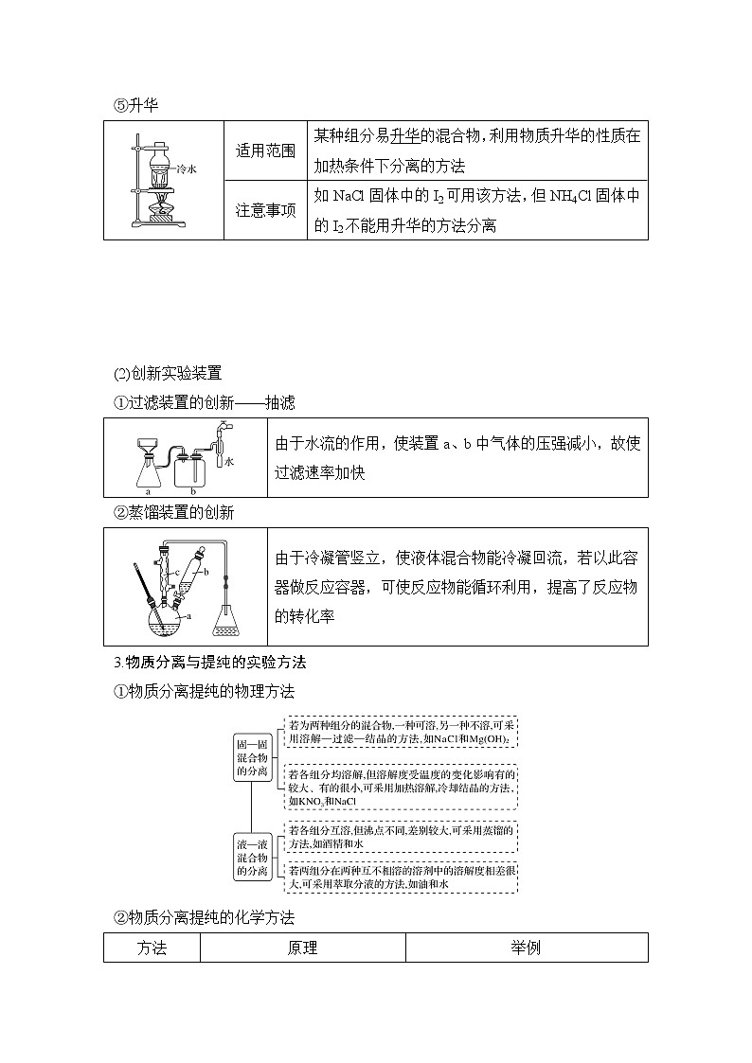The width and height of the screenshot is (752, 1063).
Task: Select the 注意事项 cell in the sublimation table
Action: click(265, 209)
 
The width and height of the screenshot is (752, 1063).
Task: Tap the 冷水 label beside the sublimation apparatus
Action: click(187, 169)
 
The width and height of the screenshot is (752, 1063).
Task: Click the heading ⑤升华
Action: click(135, 105)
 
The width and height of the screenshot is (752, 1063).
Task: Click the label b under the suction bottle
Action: click(192, 491)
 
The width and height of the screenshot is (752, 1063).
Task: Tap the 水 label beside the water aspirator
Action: click(229, 462)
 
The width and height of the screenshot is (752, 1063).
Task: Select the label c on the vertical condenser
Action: click(169, 574)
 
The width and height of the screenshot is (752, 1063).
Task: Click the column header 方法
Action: click(152, 948)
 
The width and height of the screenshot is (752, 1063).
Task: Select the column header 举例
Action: click(526, 948)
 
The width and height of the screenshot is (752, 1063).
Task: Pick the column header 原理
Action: click(302, 948)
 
